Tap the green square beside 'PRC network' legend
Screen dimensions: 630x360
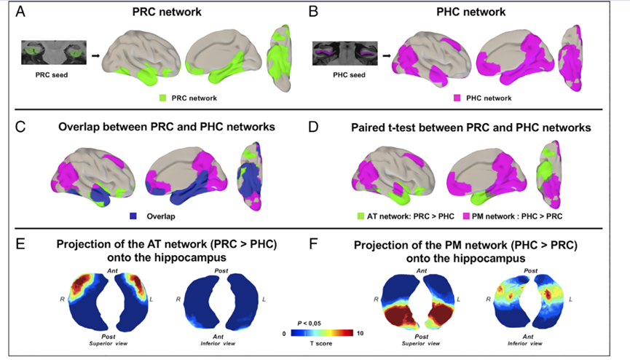162,97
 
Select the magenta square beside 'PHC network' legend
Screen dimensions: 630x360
457,97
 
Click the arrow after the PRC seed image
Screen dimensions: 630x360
95,54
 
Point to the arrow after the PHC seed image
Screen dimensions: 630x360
391,54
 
